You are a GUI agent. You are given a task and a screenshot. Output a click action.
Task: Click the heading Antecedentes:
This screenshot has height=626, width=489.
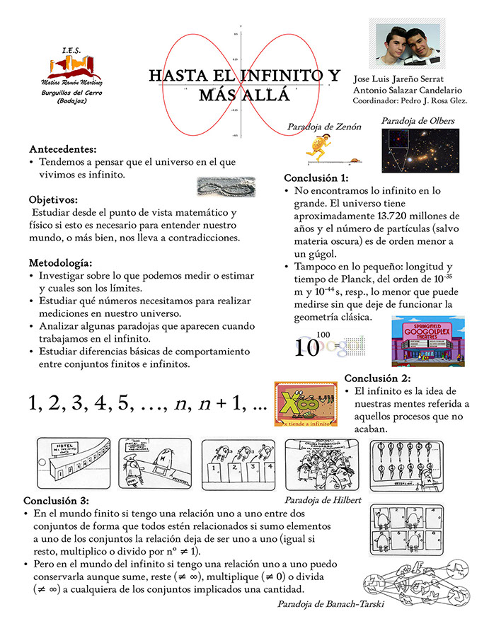[63, 150]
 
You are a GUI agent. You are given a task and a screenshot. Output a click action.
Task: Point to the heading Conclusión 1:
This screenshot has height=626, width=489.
[316, 178]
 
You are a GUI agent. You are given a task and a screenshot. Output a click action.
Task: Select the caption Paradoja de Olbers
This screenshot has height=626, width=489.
[418, 121]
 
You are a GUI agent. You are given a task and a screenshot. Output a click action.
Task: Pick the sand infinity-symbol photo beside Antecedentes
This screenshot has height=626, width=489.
[224, 186]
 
